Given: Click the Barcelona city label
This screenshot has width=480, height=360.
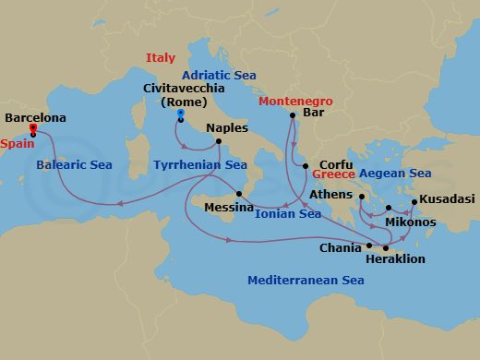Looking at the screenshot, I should tap(35, 118).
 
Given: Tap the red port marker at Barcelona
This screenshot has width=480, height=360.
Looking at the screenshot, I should tap(33, 127).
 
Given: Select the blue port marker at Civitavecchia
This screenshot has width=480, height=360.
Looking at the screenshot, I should tap(180, 113).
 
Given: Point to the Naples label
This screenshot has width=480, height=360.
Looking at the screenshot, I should tap(226, 128).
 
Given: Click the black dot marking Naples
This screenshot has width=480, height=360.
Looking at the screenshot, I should tap(218, 141).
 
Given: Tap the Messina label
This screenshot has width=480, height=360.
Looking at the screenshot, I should tap(228, 208).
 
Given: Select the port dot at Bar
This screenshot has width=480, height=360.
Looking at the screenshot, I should tap(292, 114).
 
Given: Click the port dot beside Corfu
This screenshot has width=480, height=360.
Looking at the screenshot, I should tap(306, 166).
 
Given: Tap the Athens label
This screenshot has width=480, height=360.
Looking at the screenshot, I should tap(331, 195).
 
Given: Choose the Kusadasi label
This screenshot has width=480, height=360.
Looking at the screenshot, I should tap(447, 199).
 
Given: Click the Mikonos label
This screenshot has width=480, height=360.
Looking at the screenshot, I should tap(410, 222).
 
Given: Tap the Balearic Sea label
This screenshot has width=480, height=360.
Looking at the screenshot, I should tap(74, 165).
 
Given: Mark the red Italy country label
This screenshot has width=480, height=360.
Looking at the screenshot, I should tap(160, 58).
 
